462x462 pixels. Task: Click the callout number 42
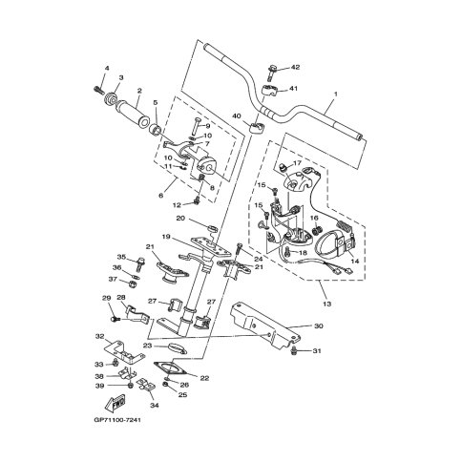point(296,67)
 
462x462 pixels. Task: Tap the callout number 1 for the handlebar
point(336,94)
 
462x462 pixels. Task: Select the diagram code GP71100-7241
point(117,420)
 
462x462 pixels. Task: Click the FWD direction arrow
point(115,402)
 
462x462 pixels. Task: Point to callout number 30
point(319,325)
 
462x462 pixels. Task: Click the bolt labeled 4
point(98,90)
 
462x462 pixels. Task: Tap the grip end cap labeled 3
point(110,98)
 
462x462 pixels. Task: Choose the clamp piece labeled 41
point(268,90)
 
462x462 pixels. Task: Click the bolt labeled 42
point(272,73)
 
